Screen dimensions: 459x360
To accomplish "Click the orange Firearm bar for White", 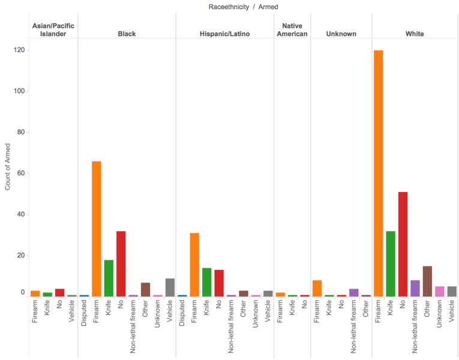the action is [378, 173].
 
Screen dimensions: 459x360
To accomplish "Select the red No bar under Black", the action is [121, 264].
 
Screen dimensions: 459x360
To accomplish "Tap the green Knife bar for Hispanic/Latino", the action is [206, 283].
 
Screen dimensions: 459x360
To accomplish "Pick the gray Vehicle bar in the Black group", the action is [170, 287].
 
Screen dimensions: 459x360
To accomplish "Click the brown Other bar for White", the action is [427, 281].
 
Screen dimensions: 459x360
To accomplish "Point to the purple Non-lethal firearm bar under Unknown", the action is [354, 293].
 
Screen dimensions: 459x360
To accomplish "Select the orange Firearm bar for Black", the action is [97, 229].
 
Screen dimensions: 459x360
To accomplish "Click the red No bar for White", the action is [403, 244].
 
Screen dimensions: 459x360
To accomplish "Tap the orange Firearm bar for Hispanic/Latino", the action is [194, 265].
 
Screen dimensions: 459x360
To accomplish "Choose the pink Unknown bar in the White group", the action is [440, 292].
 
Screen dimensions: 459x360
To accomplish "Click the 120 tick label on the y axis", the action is [20, 50].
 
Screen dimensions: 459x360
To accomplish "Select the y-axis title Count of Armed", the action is [8, 167].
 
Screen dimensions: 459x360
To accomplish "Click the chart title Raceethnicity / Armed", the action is [243, 7].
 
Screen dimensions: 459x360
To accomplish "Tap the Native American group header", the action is [292, 30].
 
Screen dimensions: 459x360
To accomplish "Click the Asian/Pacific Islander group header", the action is [53, 30].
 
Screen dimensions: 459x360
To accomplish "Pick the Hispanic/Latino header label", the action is [225, 34].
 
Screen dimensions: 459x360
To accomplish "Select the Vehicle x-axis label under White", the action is [452, 311].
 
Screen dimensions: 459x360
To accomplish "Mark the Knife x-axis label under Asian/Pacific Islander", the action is [47, 308].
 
